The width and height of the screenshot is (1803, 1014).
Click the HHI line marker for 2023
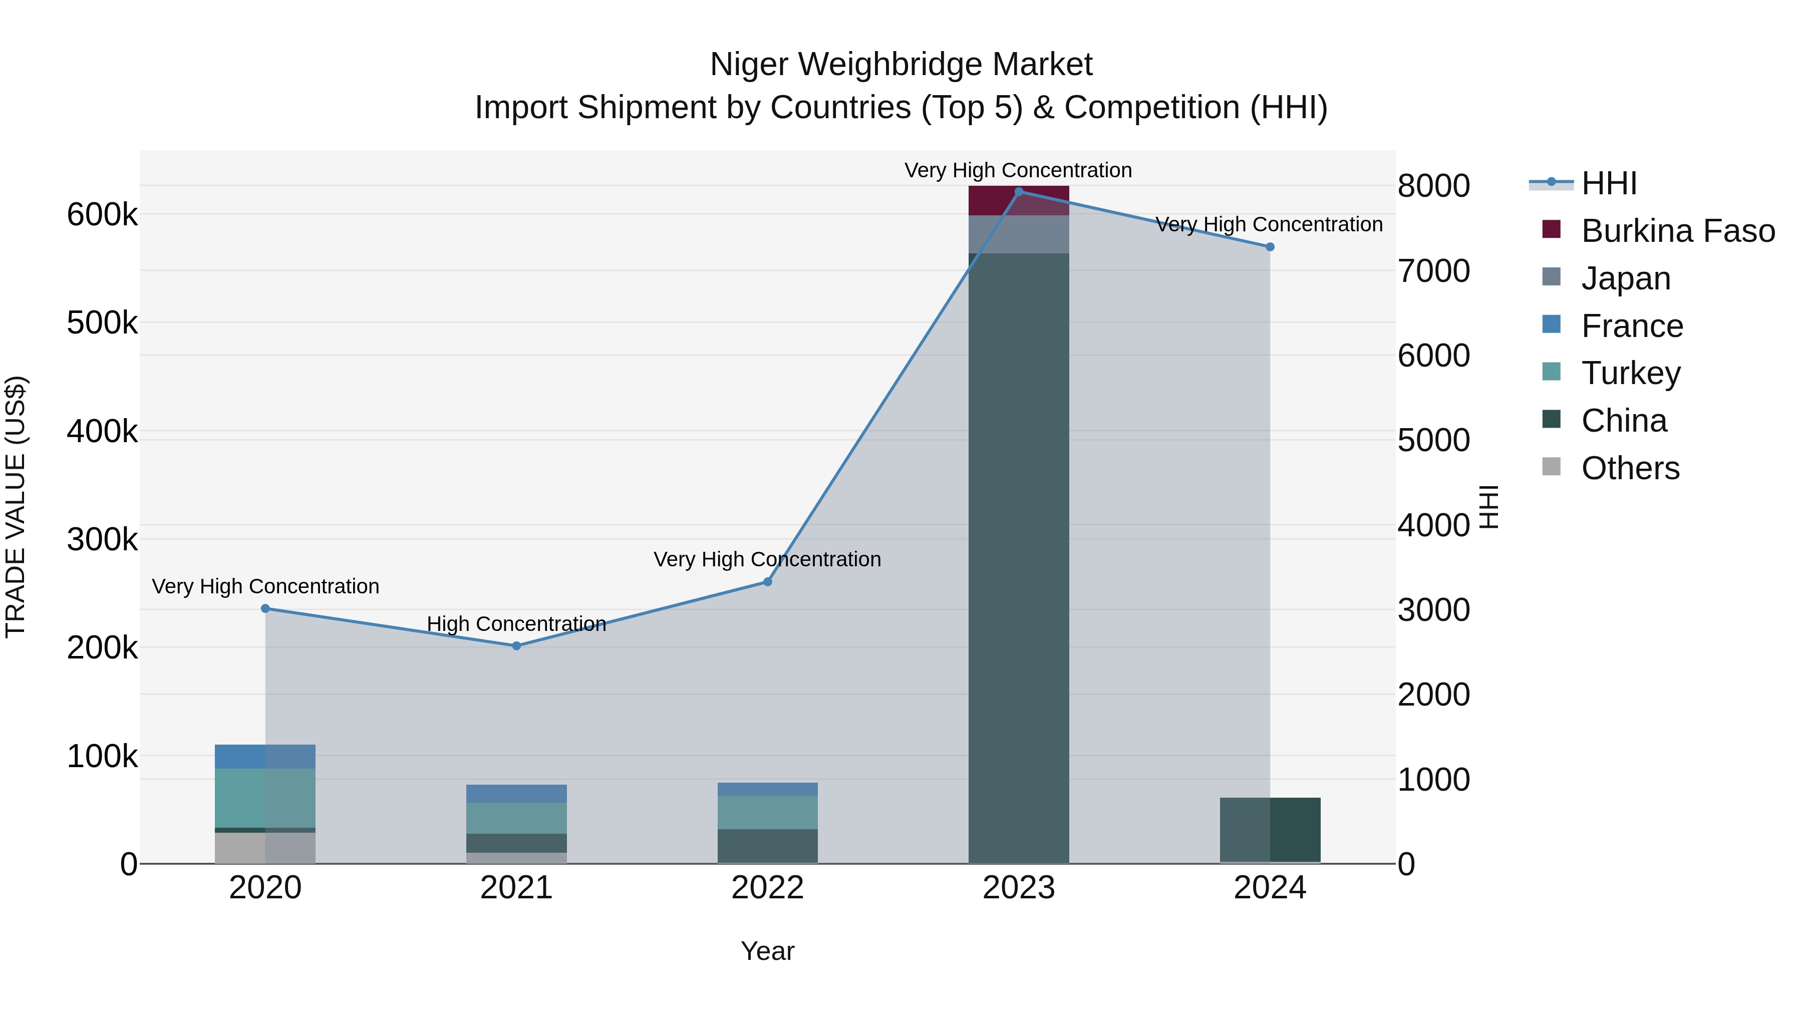(1018, 191)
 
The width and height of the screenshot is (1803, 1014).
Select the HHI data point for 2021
(516, 646)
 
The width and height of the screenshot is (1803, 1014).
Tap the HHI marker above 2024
(1270, 247)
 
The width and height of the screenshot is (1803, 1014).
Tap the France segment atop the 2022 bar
(767, 789)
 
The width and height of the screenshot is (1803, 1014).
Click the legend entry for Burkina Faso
(1677, 231)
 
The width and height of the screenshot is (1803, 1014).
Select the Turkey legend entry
(1630, 373)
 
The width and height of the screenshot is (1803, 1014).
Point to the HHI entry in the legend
(1608, 183)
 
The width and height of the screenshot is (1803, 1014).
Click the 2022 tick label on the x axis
(767, 888)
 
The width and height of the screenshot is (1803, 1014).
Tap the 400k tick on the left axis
(102, 432)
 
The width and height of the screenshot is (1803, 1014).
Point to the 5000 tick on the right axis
(1433, 440)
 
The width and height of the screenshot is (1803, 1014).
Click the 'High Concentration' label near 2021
(516, 623)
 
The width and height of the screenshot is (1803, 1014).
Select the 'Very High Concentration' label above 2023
(1018, 170)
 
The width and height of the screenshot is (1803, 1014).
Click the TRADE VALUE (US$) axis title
(16, 507)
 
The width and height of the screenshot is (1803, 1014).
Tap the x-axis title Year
(767, 951)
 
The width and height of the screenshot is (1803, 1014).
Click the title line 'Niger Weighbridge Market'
(901, 65)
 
